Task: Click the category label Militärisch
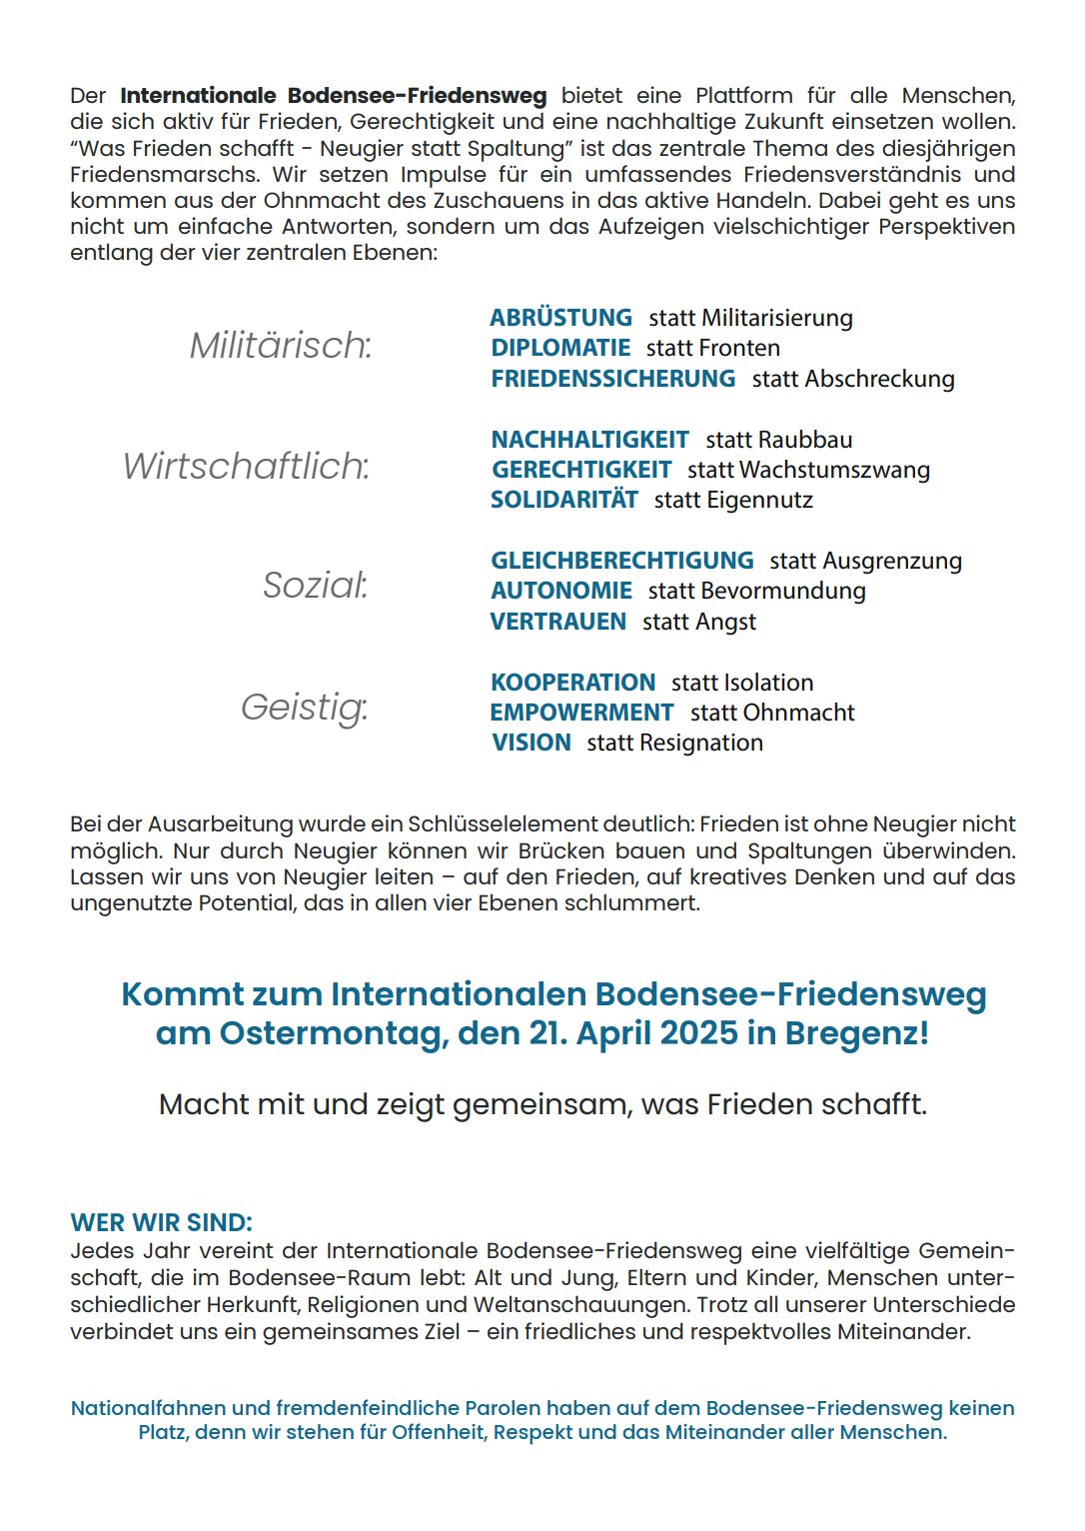[x=281, y=346]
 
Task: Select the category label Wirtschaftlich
[x=246, y=467]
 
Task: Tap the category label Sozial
[x=315, y=586]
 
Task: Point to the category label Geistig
[x=304, y=708]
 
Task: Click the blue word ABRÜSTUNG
[x=560, y=318]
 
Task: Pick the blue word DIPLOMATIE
[x=560, y=348]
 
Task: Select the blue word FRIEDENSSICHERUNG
[x=612, y=379]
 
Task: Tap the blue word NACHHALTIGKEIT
[x=589, y=440]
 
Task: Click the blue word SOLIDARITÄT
[x=563, y=500]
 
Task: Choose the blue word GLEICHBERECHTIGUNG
[x=621, y=561]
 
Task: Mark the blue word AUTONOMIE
[x=561, y=591]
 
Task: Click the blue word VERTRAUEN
[x=557, y=622]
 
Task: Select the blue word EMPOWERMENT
[x=581, y=713]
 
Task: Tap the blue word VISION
[x=532, y=743]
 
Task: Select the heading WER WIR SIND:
[x=161, y=1222]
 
